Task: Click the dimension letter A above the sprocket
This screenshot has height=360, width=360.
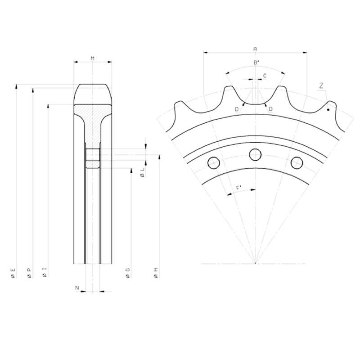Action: (255, 49)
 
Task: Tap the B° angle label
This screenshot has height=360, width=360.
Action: (256, 62)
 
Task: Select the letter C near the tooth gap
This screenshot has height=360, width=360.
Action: (265, 76)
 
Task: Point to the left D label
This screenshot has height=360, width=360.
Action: (237, 109)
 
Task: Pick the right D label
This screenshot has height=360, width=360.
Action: (270, 109)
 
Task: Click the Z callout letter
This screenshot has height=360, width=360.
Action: (321, 85)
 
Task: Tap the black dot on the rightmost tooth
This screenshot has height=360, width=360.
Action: (328, 110)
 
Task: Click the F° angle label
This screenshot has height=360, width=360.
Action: (239, 188)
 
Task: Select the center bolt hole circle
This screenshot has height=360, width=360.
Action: (255, 154)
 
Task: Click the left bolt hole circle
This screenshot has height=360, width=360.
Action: (213, 163)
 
